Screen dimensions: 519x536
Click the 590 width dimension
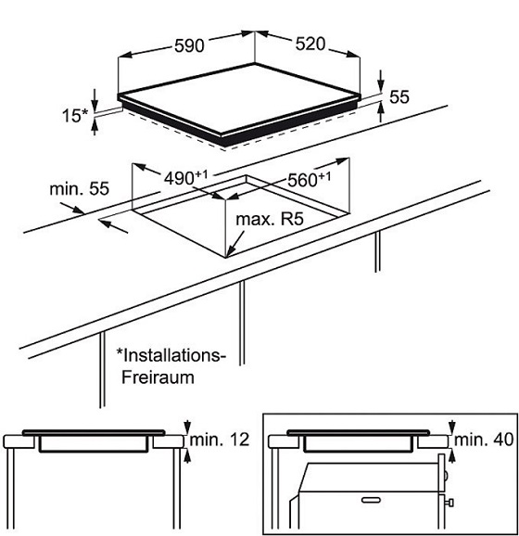189,45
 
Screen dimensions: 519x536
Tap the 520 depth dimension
310,45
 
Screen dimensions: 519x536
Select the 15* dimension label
75,115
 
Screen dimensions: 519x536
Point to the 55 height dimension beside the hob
399,97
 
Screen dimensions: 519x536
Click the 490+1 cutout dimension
186,177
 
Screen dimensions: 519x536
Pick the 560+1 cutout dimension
310,179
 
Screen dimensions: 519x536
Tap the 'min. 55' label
80,188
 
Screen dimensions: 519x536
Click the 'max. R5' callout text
270,219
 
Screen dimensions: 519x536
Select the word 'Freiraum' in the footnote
158,377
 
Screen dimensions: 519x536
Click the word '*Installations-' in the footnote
171,355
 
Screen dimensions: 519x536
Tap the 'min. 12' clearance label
220,440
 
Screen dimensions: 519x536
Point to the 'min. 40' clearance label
484,440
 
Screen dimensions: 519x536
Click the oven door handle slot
372,500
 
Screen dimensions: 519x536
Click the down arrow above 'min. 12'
187,427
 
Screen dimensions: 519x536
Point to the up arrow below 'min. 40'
452,456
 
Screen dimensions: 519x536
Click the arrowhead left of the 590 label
125,55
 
